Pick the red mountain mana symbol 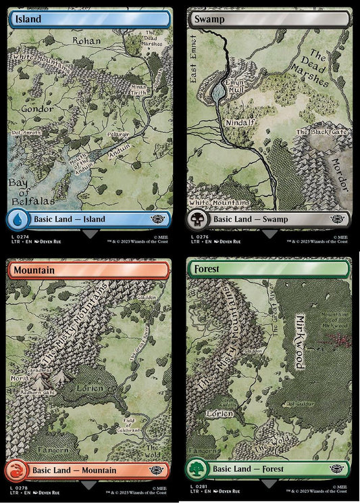[18, 470]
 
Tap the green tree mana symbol [199, 470]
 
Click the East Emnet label [194, 61]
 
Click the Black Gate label [322, 132]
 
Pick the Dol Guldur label [298, 404]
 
